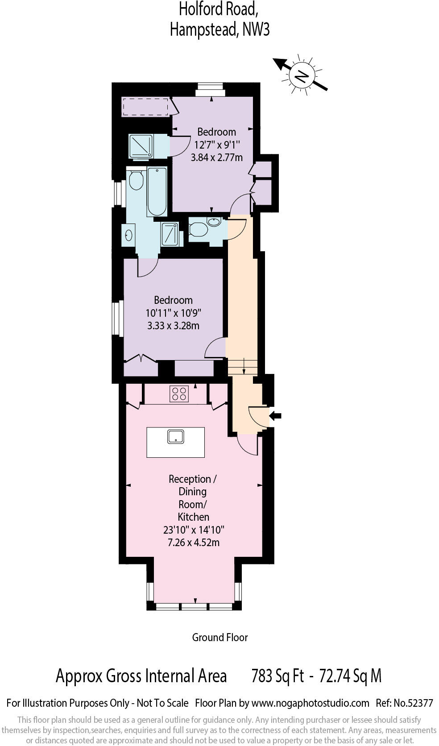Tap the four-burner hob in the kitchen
[x=179, y=394]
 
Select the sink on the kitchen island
[x=176, y=436]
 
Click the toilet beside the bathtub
[x=136, y=180]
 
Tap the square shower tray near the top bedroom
[x=141, y=146]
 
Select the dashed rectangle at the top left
[x=145, y=107]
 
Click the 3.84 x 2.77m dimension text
[x=216, y=157]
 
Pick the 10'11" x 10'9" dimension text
[x=174, y=313]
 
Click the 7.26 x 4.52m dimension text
[x=193, y=543]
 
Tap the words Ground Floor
[x=219, y=637]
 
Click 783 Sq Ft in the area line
[x=277, y=676]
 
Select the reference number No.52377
[x=414, y=703]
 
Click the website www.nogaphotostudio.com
[x=310, y=703]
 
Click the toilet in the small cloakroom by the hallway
[x=199, y=230]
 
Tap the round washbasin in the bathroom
[x=129, y=235]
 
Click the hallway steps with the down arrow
[x=243, y=366]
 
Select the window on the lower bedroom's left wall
[x=117, y=319]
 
